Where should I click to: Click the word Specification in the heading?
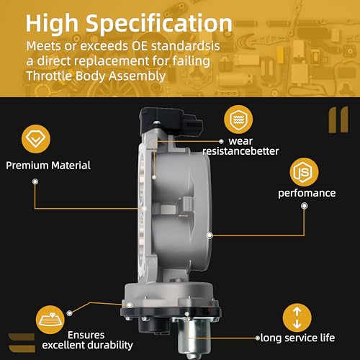(x=159, y=23)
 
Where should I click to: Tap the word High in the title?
(x=52, y=24)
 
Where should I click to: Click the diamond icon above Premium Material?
(x=36, y=139)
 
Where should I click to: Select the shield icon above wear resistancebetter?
(x=238, y=120)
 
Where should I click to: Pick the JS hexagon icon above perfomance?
(x=304, y=172)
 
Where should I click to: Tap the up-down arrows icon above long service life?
(x=297, y=318)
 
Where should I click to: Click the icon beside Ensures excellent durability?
(x=50, y=320)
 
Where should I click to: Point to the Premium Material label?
(x=48, y=166)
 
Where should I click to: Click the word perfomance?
(x=307, y=193)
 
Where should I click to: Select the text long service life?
(x=297, y=338)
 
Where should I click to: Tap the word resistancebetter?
(x=240, y=151)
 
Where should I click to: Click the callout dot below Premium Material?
(x=35, y=181)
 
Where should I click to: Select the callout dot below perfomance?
(x=305, y=206)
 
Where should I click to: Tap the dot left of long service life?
(x=258, y=338)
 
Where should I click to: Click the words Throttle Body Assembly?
(x=96, y=76)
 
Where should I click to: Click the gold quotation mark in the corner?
(x=338, y=120)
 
